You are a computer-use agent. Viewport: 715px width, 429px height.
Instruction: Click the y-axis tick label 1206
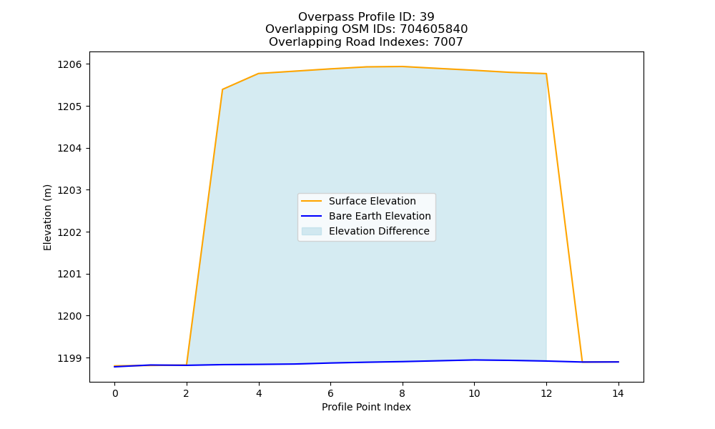70,64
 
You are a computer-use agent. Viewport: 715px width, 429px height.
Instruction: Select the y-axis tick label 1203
70,190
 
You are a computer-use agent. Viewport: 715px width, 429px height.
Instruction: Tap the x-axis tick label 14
618,393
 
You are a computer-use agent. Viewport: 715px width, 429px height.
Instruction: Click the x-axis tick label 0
115,393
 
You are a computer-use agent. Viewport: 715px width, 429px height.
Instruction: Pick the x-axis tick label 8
402,393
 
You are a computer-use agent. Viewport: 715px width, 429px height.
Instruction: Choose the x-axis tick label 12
546,393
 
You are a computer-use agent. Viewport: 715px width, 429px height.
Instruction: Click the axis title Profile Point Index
366,407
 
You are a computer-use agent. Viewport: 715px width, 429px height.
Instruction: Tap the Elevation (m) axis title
47,217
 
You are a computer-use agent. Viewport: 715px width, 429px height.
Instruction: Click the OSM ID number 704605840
434,29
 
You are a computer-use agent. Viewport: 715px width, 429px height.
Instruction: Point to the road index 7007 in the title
448,42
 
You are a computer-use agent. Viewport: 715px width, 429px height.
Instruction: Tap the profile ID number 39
427,17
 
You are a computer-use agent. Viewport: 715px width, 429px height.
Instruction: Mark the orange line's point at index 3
222,89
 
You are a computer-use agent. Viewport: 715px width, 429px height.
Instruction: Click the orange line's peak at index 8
402,66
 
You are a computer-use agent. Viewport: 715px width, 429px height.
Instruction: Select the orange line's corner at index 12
546,74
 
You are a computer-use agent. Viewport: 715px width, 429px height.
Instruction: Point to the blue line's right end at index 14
618,362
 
